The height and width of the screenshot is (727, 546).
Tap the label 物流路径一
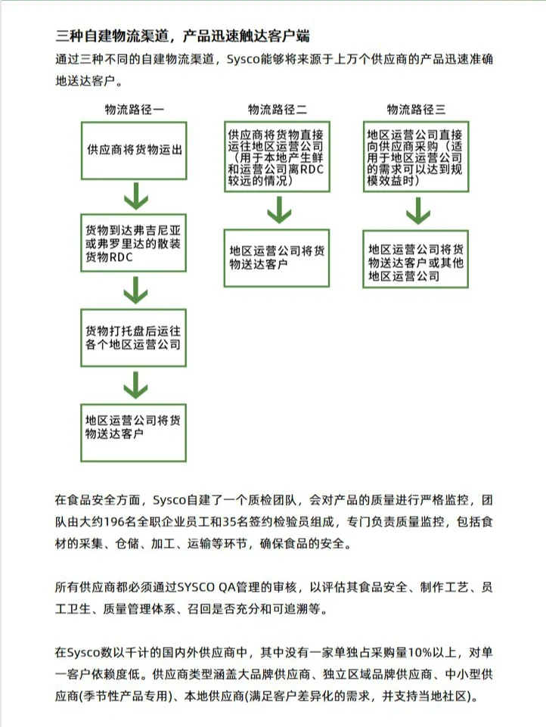pos(135,109)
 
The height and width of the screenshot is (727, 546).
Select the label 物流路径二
pos(277,109)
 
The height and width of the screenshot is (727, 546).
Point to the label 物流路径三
pos(416,109)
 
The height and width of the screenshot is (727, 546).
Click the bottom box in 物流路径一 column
pos(135,433)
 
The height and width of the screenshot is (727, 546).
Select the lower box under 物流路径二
pos(277,257)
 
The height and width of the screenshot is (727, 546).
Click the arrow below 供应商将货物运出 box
pos(135,197)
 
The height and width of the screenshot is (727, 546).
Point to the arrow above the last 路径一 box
pos(135,386)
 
